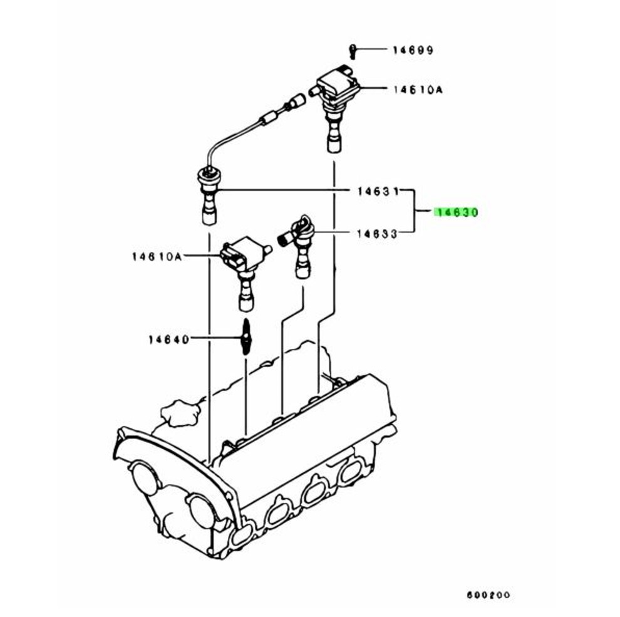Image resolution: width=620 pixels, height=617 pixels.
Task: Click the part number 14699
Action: click(x=413, y=50)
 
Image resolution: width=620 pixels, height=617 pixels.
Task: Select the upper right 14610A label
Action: click(x=418, y=90)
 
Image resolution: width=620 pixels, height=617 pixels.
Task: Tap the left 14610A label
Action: click(x=157, y=257)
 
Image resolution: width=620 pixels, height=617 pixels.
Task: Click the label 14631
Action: click(x=378, y=192)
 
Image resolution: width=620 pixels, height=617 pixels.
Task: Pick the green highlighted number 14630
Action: click(x=457, y=212)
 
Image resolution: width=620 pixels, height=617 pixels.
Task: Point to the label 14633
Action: click(x=377, y=234)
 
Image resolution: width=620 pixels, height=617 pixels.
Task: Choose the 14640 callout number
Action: click(x=169, y=340)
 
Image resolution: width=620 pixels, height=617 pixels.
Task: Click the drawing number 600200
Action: click(x=488, y=594)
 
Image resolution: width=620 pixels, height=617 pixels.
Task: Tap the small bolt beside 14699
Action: click(x=351, y=51)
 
